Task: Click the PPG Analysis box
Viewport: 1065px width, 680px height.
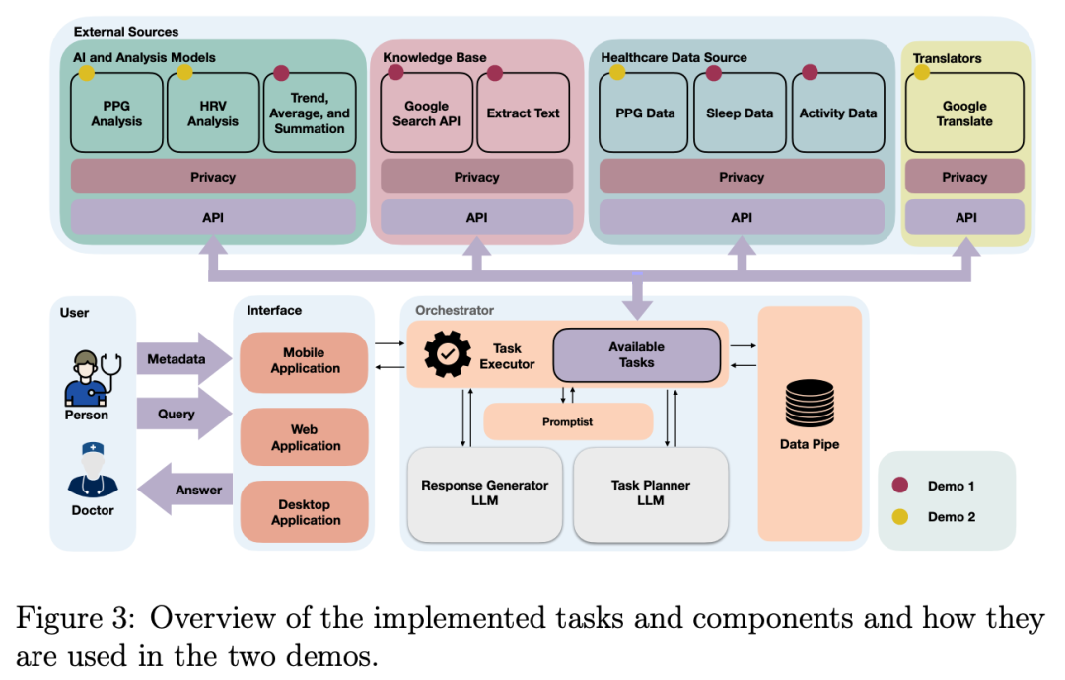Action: pos(116,113)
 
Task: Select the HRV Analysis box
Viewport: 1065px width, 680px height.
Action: pos(213,113)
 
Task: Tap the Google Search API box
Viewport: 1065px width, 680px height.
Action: pos(426,113)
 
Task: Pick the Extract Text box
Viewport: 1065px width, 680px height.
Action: pos(523,113)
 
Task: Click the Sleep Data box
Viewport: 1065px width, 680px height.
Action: pos(740,113)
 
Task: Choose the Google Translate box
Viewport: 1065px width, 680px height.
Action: pos(964,113)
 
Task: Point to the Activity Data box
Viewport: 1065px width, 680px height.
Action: pos(837,113)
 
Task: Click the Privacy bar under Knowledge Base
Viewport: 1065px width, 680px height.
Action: pos(476,177)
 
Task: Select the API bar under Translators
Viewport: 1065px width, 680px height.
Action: pos(965,217)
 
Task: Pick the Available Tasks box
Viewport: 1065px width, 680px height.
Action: pos(636,355)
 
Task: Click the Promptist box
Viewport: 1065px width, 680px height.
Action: pos(568,421)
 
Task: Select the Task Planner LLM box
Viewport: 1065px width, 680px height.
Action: pos(651,493)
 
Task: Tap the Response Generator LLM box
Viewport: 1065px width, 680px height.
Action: pos(485,493)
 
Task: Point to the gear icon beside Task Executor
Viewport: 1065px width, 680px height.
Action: pos(447,353)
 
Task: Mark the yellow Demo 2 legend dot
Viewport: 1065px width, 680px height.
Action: pos(899,516)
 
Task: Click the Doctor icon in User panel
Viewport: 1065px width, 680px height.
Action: pos(93,472)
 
